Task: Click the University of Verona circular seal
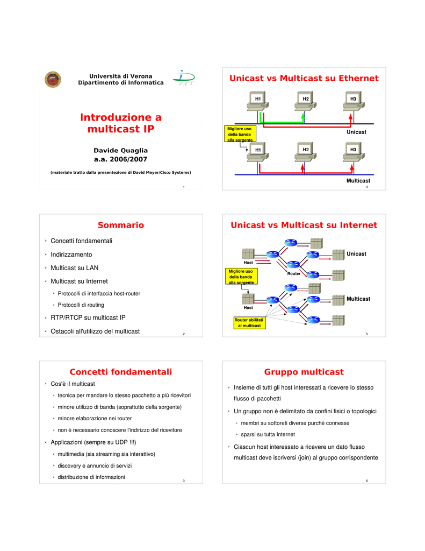53,79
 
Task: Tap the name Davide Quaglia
121,150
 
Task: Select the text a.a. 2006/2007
121,159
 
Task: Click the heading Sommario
121,225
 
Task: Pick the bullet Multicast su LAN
74,267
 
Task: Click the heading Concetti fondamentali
121,372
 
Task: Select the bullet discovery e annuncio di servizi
95,465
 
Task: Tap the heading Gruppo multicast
304,372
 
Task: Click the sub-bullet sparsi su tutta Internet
268,434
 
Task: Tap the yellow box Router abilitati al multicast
249,323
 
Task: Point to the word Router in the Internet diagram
294,274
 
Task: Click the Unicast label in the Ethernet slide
356,132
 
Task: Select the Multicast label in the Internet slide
358,299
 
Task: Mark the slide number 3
184,480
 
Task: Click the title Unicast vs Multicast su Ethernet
304,79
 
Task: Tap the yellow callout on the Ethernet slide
240,134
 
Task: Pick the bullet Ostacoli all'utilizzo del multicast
95,331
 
